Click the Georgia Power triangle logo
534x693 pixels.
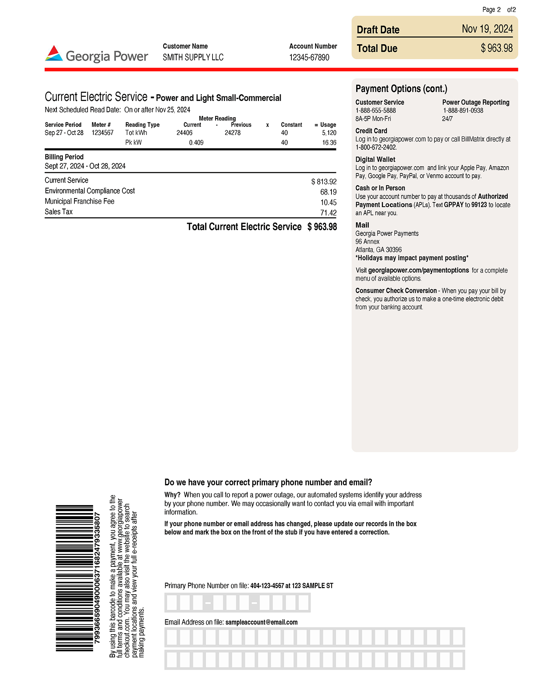pyautogui.click(x=54, y=54)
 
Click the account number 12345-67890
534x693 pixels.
pyautogui.click(x=309, y=58)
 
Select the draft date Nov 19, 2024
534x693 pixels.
pyautogui.click(x=487, y=29)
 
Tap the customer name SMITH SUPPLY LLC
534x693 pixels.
pyautogui.click(x=193, y=58)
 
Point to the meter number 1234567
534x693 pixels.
pyautogui.click(x=103, y=133)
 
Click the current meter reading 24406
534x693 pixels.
pyautogui.click(x=184, y=133)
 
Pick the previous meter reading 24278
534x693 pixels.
pyautogui.click(x=233, y=133)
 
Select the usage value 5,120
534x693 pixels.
pyautogui.click(x=329, y=133)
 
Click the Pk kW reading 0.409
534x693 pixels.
pyautogui.click(x=196, y=143)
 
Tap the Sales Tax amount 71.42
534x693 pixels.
pyautogui.click(x=328, y=213)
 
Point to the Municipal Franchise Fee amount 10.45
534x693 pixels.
pyautogui.click(x=328, y=202)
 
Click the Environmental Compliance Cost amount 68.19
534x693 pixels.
pyautogui.click(x=328, y=192)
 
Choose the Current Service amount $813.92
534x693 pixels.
pyautogui.click(x=324, y=182)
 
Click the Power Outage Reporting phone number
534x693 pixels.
pyautogui.click(x=463, y=111)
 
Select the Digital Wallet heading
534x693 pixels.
pyautogui.click(x=375, y=159)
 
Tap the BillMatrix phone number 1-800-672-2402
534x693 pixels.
pyautogui.click(x=376, y=148)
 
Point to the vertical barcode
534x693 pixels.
pyautogui.click(x=74, y=578)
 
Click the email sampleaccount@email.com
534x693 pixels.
pyautogui.click(x=261, y=622)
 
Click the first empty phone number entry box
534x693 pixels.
pyautogui.click(x=172, y=603)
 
